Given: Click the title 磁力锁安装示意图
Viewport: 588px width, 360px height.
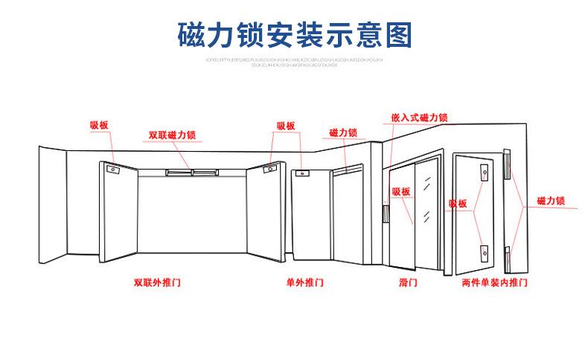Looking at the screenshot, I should (294, 34).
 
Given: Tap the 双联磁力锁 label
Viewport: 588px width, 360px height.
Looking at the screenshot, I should (172, 135).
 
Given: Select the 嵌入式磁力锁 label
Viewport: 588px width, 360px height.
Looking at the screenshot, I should (419, 118).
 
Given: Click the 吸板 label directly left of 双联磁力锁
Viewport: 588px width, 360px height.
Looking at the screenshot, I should (99, 126).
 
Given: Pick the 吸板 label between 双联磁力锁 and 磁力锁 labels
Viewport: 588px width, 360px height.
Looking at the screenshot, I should (286, 126).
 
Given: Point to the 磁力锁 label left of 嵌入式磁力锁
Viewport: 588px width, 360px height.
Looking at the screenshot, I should (342, 132).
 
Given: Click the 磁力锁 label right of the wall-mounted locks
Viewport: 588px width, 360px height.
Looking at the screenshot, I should (551, 201).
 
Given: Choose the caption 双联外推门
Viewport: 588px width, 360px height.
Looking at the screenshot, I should (157, 283).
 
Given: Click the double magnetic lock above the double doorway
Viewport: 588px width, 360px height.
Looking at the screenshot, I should (191, 173).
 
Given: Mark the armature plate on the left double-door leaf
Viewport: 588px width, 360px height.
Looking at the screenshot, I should (113, 169).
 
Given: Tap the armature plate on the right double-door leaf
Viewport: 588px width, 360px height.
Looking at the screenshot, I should (268, 169).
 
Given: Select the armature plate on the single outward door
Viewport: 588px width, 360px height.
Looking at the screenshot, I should (301, 174).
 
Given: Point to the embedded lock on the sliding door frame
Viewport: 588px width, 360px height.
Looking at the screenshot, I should (386, 214).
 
